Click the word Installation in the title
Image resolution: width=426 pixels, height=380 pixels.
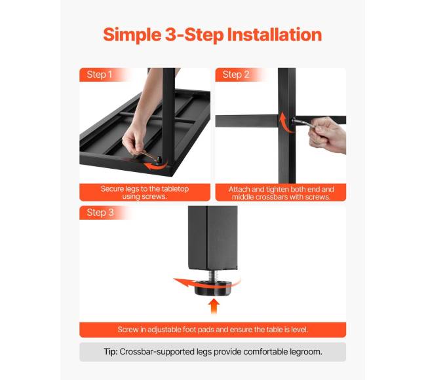[275, 35]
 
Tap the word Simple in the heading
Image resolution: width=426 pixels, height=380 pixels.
[132, 35]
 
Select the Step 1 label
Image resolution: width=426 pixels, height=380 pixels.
[99, 75]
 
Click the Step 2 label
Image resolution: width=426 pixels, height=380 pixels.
[236, 75]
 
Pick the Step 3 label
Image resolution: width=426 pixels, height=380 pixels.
[100, 213]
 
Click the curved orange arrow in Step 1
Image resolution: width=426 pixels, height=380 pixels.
[155, 166]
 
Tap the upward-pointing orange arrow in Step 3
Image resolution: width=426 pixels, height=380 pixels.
[214, 306]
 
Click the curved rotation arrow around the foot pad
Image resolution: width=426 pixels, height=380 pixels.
[190, 283]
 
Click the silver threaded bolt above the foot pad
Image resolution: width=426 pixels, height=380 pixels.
[213, 275]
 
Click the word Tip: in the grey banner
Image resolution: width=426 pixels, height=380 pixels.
[111, 352]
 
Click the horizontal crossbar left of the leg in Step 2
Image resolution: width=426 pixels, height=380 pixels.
[246, 120]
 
